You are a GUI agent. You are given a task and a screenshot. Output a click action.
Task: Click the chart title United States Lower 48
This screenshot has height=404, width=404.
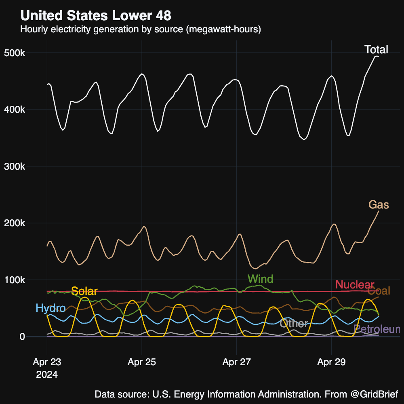click(x=96, y=16)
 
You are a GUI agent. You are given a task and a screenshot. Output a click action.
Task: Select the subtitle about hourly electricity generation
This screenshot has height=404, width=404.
click(x=141, y=29)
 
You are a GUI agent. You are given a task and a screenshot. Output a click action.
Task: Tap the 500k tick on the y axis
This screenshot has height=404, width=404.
click(x=26, y=53)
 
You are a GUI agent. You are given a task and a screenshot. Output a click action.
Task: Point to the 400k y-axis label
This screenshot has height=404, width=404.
click(x=26, y=110)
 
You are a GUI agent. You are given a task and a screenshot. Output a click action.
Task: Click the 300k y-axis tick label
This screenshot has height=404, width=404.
click(x=26, y=166)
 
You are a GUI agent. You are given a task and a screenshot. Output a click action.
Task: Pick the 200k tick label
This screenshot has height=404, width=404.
click(x=26, y=223)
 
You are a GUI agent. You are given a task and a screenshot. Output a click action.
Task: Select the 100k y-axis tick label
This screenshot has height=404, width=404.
click(x=26, y=280)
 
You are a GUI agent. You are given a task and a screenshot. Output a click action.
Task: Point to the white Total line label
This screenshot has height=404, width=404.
click(x=376, y=50)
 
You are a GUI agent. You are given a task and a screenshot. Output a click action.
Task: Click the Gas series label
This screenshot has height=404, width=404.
click(x=379, y=205)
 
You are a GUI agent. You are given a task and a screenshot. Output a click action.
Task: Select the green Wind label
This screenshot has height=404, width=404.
click(x=260, y=279)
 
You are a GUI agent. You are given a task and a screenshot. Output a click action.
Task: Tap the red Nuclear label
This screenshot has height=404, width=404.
click(x=355, y=284)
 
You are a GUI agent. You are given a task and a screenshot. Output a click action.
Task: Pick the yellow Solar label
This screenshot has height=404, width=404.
click(x=84, y=291)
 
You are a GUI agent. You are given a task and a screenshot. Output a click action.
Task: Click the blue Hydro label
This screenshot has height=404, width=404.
click(x=50, y=308)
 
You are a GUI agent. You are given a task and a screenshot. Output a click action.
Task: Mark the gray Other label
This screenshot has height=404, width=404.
click(x=294, y=323)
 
